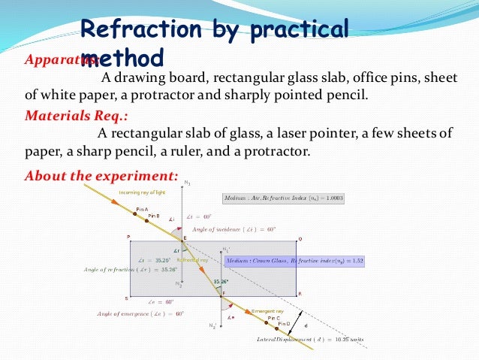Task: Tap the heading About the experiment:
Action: click(101, 177)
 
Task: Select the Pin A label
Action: click(142, 209)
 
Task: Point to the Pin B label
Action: click(154, 216)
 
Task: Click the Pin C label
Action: click(273, 318)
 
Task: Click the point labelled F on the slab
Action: click(222, 294)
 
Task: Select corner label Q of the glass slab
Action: click(300, 239)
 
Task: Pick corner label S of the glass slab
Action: click(126, 298)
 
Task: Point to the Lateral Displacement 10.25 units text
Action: click(310, 340)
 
